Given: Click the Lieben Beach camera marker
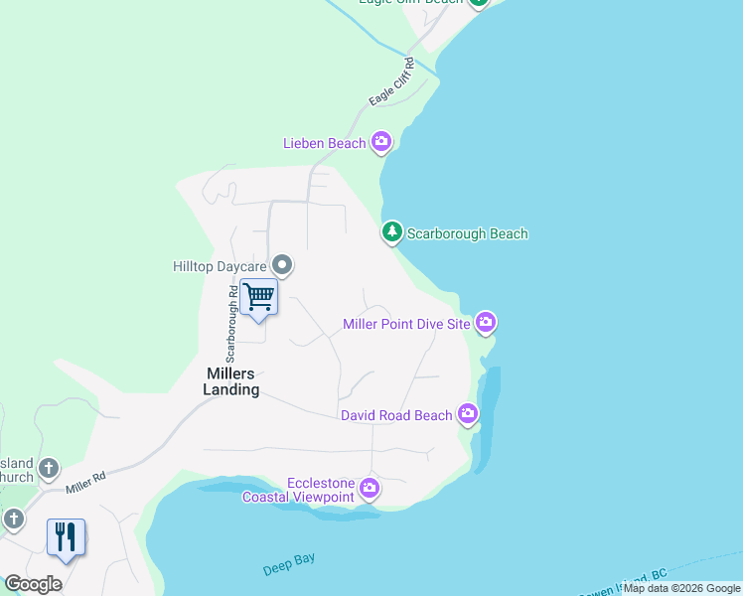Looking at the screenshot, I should (x=381, y=143).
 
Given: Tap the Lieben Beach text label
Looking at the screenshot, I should (x=324, y=144).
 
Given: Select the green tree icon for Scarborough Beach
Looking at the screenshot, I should (x=392, y=233).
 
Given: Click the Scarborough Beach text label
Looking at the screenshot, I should (x=467, y=234).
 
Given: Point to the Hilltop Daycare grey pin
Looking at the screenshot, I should (x=283, y=265).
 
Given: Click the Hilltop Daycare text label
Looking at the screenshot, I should (x=222, y=266).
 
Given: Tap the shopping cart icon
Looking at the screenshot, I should (x=258, y=296).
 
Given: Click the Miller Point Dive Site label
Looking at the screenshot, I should (x=405, y=324).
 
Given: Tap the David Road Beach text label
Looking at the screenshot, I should (x=396, y=415).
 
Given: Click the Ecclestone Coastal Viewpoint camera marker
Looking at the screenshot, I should (x=370, y=488).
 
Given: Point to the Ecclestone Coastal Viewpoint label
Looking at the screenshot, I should (x=298, y=490).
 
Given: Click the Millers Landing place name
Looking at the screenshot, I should (x=232, y=381).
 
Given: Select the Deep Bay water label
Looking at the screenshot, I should (x=289, y=564).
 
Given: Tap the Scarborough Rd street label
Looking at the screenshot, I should (x=230, y=324).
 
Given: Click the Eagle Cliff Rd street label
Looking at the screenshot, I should (x=389, y=86).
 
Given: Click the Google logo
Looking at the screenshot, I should (x=33, y=584).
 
